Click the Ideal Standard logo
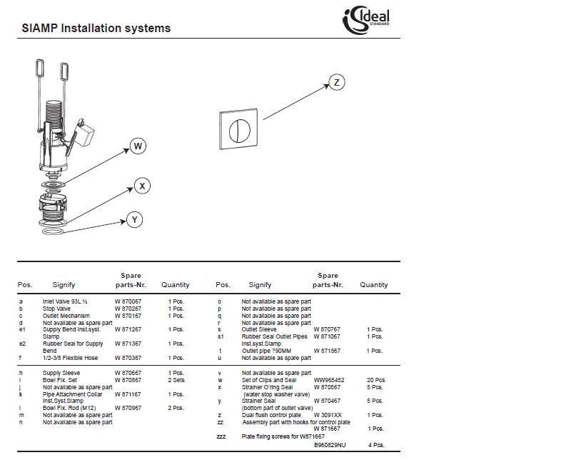tap(367, 19)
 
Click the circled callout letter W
tap(138, 146)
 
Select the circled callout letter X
tap(142, 186)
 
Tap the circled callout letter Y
tap(134, 219)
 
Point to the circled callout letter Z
tap(336, 83)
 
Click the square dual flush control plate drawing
tap(238, 130)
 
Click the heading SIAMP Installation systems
tap(96, 29)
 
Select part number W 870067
tap(128, 301)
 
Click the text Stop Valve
tap(56, 309)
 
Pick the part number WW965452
tap(329, 380)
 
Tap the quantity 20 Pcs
tap(375, 380)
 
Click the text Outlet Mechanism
tap(66, 316)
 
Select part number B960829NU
tap(330, 445)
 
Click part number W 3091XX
tap(328, 415)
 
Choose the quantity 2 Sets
tap(176, 380)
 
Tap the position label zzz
tap(221, 436)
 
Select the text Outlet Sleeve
tap(259, 329)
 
